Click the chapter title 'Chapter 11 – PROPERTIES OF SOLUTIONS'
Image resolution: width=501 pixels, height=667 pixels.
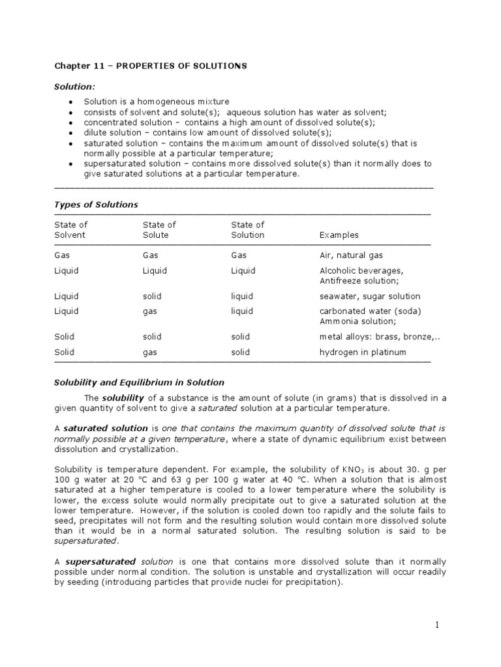pyautogui.click(x=150, y=66)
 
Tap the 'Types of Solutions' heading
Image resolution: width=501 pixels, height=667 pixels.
pyautogui.click(x=96, y=205)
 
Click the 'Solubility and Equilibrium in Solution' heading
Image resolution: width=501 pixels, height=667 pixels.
pyautogui.click(x=138, y=382)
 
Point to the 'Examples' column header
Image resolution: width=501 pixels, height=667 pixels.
pyautogui.click(x=339, y=235)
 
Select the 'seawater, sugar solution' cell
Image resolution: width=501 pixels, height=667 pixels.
pyautogui.click(x=370, y=296)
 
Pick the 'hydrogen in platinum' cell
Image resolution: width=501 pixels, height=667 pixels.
pyautogui.click(x=363, y=352)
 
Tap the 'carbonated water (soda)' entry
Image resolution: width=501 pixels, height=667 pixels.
pyautogui.click(x=370, y=311)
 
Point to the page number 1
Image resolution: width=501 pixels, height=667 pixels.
pyautogui.click(x=438, y=625)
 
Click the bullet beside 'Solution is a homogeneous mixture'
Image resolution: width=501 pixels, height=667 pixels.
pyautogui.click(x=70, y=102)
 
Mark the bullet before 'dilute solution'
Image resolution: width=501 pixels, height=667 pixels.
pyautogui.click(x=70, y=133)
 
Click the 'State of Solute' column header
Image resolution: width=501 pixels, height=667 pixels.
pyautogui.click(x=159, y=230)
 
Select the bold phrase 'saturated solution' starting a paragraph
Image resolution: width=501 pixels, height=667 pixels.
pyautogui.click(x=105, y=428)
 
